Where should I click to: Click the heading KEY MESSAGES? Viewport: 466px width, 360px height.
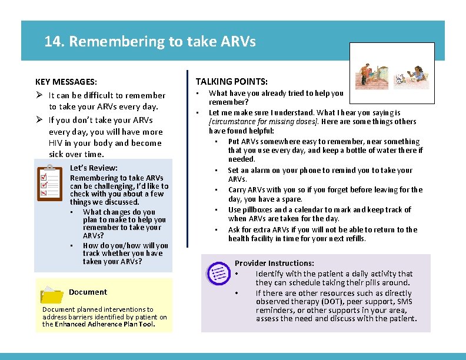66,82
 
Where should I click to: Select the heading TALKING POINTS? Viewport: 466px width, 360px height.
231,82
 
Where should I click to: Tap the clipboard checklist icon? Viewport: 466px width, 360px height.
49,183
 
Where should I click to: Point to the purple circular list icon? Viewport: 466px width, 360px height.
218,272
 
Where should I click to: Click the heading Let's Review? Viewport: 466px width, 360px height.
94,168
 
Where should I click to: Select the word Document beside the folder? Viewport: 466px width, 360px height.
88,292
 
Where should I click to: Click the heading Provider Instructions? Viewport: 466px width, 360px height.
274,264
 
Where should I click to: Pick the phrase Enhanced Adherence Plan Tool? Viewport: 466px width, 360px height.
104,324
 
